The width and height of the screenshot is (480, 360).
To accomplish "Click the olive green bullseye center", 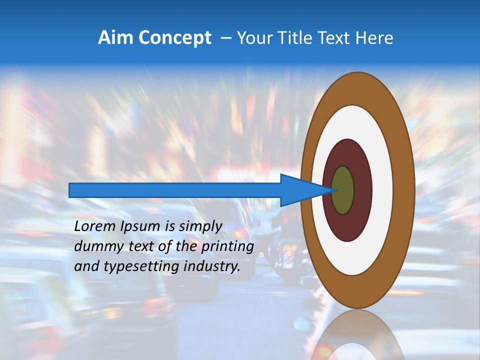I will (x=343, y=190).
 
